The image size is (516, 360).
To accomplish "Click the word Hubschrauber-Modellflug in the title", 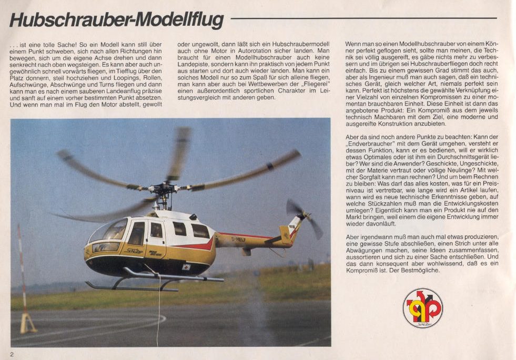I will click(x=116, y=20).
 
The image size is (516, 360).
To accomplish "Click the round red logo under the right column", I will click(x=422, y=308).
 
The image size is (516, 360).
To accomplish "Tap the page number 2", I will click(x=12, y=354).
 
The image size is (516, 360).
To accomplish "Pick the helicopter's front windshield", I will click(x=109, y=231).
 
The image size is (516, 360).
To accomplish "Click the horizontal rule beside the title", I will click(x=363, y=18).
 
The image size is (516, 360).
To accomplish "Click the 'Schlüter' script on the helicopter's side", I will click(x=135, y=251).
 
